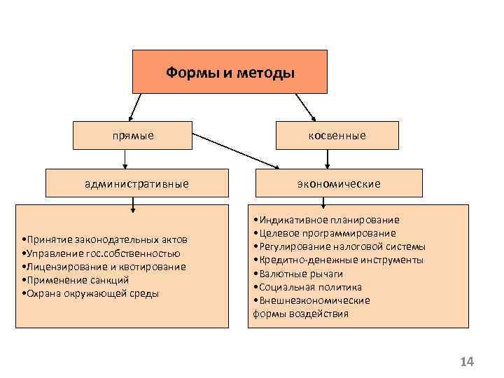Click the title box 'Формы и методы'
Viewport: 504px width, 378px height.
(x=230, y=72)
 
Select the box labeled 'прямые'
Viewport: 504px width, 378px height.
(x=133, y=135)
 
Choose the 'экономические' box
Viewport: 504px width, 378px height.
(x=338, y=183)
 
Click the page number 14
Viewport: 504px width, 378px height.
(x=467, y=362)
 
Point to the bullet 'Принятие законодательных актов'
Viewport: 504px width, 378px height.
(x=107, y=240)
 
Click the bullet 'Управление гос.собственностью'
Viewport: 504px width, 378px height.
(x=103, y=253)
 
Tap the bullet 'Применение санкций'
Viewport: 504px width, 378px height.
(x=78, y=280)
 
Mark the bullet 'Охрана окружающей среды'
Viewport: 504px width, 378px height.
(x=92, y=293)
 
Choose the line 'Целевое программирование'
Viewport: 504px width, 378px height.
(x=325, y=233)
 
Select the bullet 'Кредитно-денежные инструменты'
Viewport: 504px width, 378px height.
(x=339, y=260)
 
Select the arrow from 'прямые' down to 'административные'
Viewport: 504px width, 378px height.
(x=125, y=160)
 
